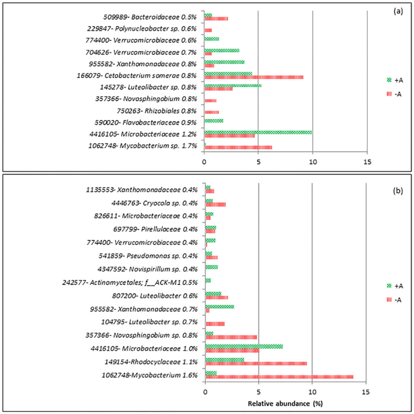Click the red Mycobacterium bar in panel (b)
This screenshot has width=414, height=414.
[279, 377]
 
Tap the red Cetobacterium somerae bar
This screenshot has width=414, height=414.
[253, 77]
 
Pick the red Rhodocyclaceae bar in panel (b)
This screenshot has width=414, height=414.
[256, 363]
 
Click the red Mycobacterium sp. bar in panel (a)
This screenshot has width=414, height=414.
[238, 147]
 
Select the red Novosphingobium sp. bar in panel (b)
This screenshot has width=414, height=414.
[231, 337]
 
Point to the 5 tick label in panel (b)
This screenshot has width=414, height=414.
[258, 392]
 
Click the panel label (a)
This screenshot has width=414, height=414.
[398, 11]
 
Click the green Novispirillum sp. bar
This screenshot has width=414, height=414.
[211, 267]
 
